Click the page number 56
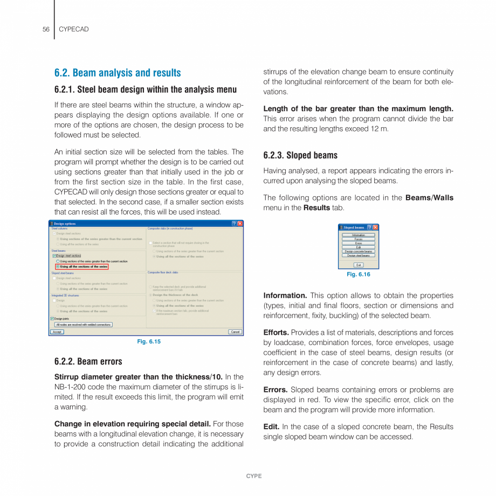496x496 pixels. [x=46, y=29]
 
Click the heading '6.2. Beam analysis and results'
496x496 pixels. [x=118, y=73]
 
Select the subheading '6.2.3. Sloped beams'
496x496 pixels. [x=300, y=155]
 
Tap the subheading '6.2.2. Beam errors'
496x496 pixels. [x=88, y=361]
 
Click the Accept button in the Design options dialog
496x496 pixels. [x=57, y=332]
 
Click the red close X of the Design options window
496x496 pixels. [x=240, y=223]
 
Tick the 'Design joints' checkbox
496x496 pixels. [x=52, y=319]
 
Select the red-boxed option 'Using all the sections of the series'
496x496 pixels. [x=58, y=266]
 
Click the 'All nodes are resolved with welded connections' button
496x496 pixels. [x=84, y=325]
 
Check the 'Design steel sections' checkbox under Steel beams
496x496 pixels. [x=54, y=256]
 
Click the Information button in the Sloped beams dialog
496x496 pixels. [x=359, y=235]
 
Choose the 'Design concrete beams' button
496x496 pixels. [x=359, y=251]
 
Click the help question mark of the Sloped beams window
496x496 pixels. [x=369, y=228]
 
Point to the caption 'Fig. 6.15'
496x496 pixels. [x=149, y=341]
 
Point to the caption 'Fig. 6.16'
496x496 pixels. [x=359, y=274]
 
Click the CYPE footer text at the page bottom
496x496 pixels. [x=254, y=476]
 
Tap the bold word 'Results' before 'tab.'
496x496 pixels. [x=316, y=208]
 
